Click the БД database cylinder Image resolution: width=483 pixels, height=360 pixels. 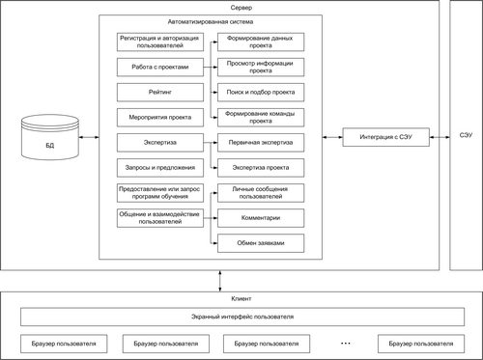coord(50,137)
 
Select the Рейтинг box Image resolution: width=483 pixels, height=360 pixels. coord(160,93)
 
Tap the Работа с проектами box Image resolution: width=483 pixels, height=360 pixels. coord(160,68)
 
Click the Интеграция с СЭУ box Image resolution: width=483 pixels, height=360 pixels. coord(385,137)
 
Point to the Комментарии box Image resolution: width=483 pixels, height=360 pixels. coord(261,218)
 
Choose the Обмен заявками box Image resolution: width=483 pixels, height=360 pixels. coord(261,243)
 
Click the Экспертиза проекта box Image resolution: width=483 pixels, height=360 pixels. coord(261,168)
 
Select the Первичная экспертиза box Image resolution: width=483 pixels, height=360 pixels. coord(261,143)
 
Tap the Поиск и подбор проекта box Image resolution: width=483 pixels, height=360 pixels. coord(261,93)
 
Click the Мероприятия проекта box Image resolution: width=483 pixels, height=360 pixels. coord(160,118)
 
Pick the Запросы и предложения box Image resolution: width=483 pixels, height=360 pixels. coord(160,168)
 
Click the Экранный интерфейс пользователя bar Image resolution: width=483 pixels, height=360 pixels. coord(242,317)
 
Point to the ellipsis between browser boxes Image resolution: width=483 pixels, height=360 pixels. coord(345,344)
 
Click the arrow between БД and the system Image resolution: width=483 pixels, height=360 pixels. coord(89,137)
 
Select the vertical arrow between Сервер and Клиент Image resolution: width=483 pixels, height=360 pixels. coord(220,281)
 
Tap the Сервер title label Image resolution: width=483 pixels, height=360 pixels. coord(241,8)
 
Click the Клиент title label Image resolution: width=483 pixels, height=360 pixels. coord(241,299)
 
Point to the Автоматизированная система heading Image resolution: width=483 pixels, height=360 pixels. coord(211,22)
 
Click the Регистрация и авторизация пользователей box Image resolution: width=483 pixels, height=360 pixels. coord(160,42)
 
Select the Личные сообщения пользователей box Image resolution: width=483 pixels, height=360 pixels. coord(261,193)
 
